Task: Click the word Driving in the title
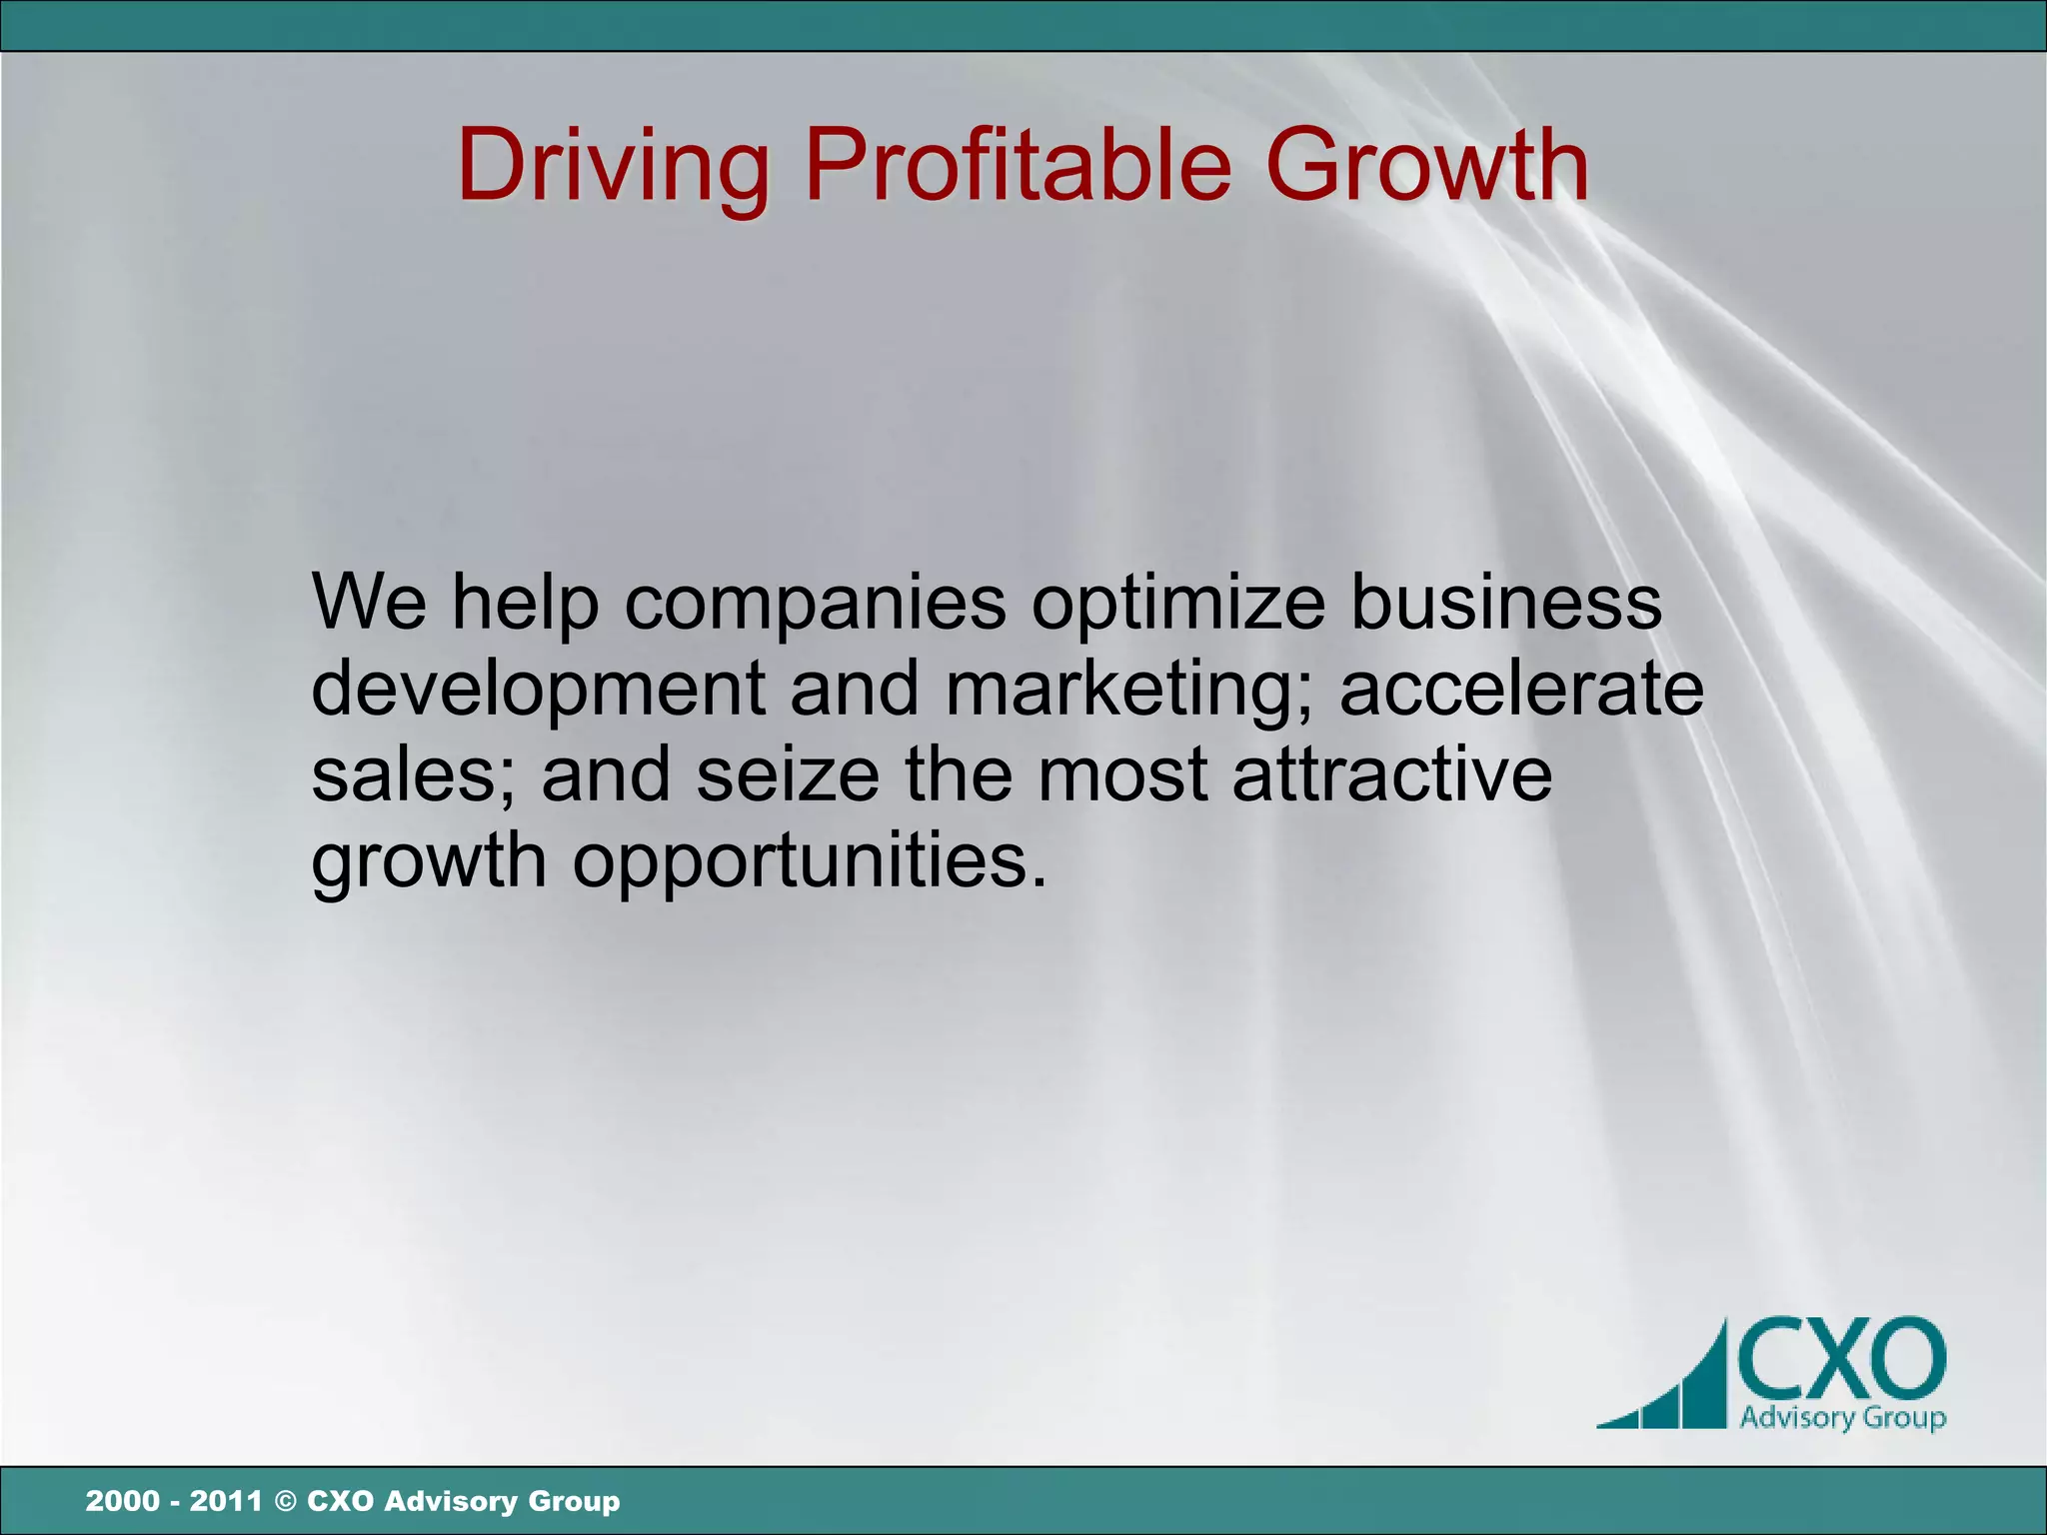[613, 166]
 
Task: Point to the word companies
[816, 604]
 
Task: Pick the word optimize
[1178, 604]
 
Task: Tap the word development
[538, 690]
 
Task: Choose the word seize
[788, 774]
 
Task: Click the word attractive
[1391, 774]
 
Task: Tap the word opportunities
[809, 861]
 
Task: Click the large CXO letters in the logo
[1841, 1360]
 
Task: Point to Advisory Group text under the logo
[1842, 1417]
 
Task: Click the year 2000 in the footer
[122, 1501]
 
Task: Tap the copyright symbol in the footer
[285, 1501]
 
